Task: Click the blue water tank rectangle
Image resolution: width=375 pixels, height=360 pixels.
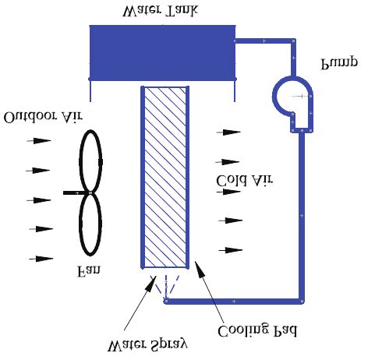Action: (162, 53)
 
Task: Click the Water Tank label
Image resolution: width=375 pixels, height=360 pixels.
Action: (161, 11)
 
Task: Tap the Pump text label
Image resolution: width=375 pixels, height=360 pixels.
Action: (339, 63)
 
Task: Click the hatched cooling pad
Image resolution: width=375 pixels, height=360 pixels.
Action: (165, 177)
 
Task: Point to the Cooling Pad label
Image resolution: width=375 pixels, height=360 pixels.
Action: (256, 330)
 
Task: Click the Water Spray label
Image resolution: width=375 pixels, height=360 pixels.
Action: (147, 344)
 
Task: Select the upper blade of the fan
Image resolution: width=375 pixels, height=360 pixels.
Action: (90, 161)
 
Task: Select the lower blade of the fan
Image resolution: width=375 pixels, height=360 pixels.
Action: (90, 224)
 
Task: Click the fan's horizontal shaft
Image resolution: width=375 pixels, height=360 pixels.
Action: (76, 192)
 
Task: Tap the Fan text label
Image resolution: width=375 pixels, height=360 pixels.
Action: (88, 271)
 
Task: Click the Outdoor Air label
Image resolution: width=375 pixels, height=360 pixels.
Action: (43, 118)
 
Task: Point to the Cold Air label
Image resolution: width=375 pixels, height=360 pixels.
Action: (245, 181)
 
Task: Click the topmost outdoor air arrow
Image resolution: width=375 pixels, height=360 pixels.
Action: (39, 141)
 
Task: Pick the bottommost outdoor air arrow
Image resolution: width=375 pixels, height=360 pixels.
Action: (41, 259)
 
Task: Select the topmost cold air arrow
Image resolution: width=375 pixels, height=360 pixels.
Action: (228, 132)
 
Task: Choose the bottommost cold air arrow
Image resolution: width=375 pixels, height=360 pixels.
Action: (231, 250)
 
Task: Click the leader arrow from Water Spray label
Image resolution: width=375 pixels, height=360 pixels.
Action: (140, 303)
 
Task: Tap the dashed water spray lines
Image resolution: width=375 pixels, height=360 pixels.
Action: (165, 287)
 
